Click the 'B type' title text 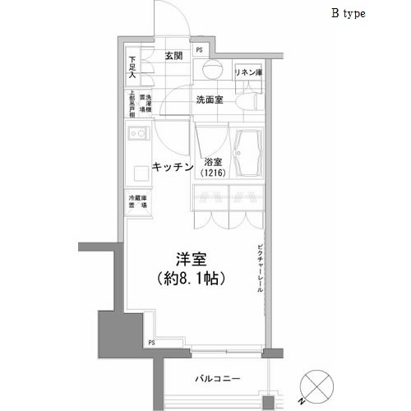coord(349,14)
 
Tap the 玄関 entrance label coord(173,56)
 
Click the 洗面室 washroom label coord(210,100)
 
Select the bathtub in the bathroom coord(247,153)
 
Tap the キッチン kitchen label coord(173,167)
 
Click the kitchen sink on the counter coord(136,133)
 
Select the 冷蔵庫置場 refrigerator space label coord(136,202)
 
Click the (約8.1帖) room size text coord(190,279)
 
